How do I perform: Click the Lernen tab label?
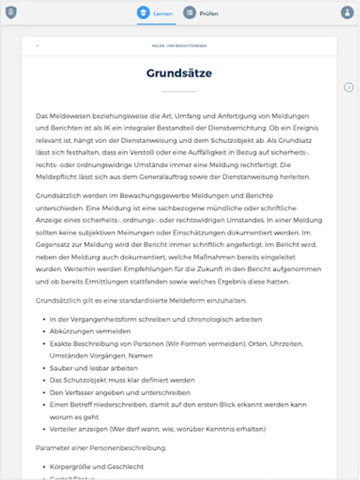tap(163, 13)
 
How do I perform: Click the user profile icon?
tap(347, 12)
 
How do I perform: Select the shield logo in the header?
tap(11, 12)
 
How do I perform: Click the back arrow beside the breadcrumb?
tap(37, 46)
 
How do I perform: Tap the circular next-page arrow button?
tap(349, 87)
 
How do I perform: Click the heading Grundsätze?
tap(179, 73)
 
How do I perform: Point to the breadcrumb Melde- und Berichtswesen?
tap(179, 46)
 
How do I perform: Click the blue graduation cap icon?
tap(143, 13)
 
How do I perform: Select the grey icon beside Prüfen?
tap(189, 13)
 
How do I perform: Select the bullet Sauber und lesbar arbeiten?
tap(93, 368)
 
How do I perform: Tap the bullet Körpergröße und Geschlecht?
tap(97, 467)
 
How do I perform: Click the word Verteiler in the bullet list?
tap(62, 429)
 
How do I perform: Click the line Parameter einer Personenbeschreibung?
tap(101, 447)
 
